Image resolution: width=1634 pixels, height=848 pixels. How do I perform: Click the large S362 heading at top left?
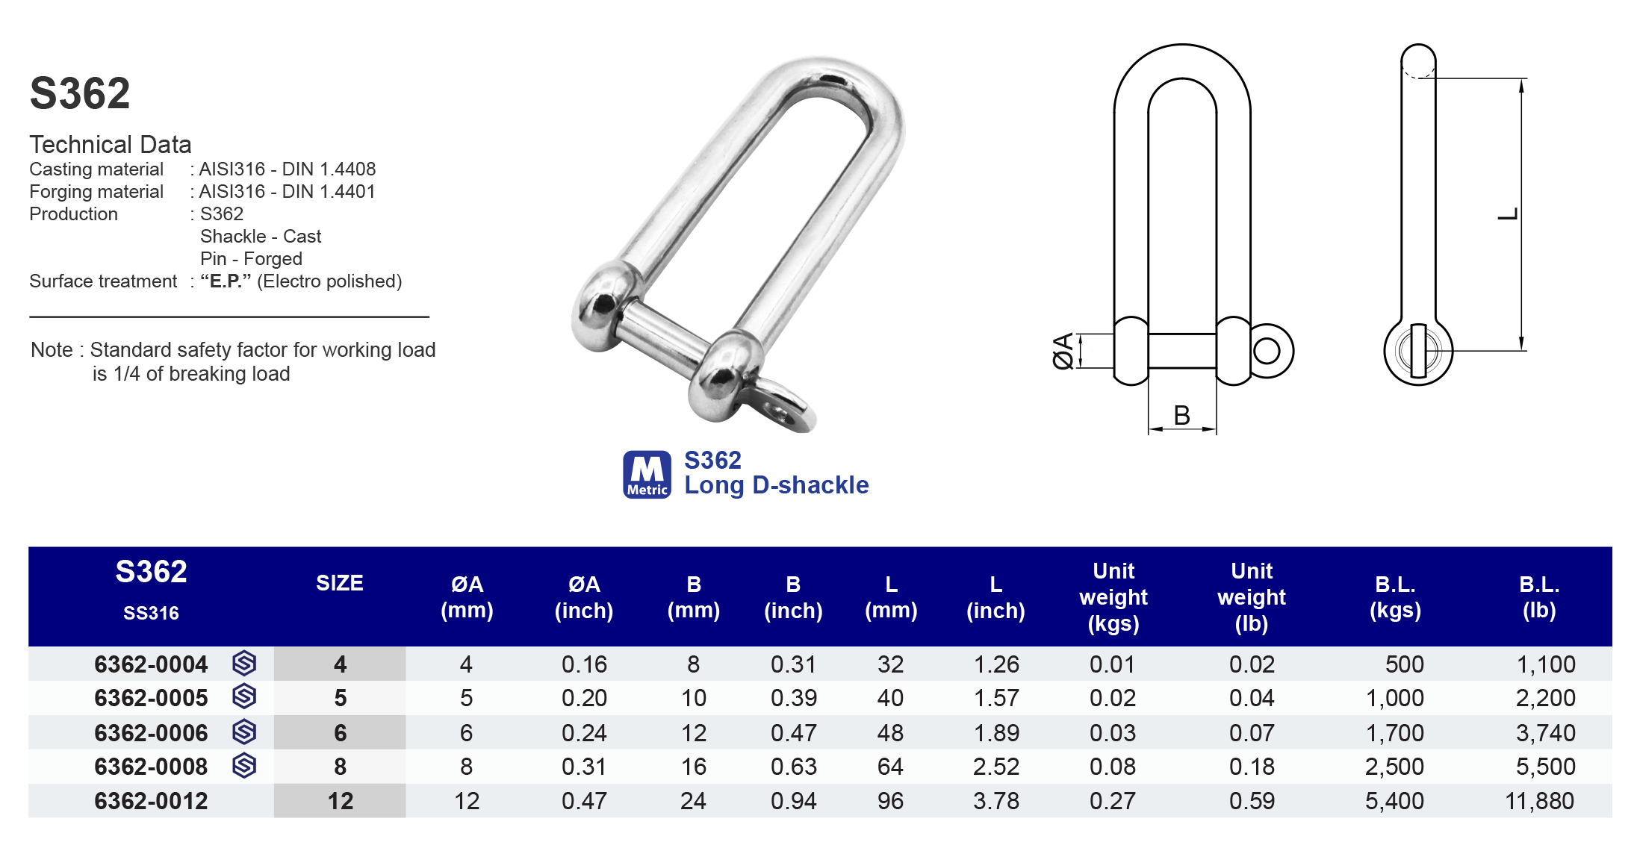[x=80, y=94]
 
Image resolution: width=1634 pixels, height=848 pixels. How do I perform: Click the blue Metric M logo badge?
[x=647, y=474]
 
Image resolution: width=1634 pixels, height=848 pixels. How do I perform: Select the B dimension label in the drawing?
[x=1181, y=415]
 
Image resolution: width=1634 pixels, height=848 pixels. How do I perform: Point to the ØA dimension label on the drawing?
[x=1063, y=351]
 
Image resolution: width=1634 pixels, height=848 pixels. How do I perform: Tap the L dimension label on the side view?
[x=1508, y=214]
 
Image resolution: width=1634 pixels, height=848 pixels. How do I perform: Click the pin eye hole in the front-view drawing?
[x=1267, y=350]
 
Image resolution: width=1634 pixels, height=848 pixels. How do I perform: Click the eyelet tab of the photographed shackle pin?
[x=783, y=408]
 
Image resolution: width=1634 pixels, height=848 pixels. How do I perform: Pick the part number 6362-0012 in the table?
[x=151, y=801]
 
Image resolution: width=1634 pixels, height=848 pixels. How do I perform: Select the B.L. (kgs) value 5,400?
[x=1394, y=801]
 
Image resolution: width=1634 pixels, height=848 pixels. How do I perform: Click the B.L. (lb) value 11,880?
[x=1539, y=801]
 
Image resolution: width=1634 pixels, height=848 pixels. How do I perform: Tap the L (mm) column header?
[x=891, y=597]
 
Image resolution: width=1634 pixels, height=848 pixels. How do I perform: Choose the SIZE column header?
[x=339, y=583]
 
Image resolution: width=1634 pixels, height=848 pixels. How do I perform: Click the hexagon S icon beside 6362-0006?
[x=244, y=732]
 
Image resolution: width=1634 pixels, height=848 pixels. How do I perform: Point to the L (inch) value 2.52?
[x=995, y=767]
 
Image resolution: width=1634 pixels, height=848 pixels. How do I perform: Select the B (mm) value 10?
[x=693, y=698]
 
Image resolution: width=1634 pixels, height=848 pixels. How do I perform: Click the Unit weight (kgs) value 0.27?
[x=1112, y=801]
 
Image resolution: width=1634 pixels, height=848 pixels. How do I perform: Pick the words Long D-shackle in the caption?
[x=776, y=485]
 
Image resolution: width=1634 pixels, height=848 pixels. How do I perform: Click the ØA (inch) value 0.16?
[x=584, y=664]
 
